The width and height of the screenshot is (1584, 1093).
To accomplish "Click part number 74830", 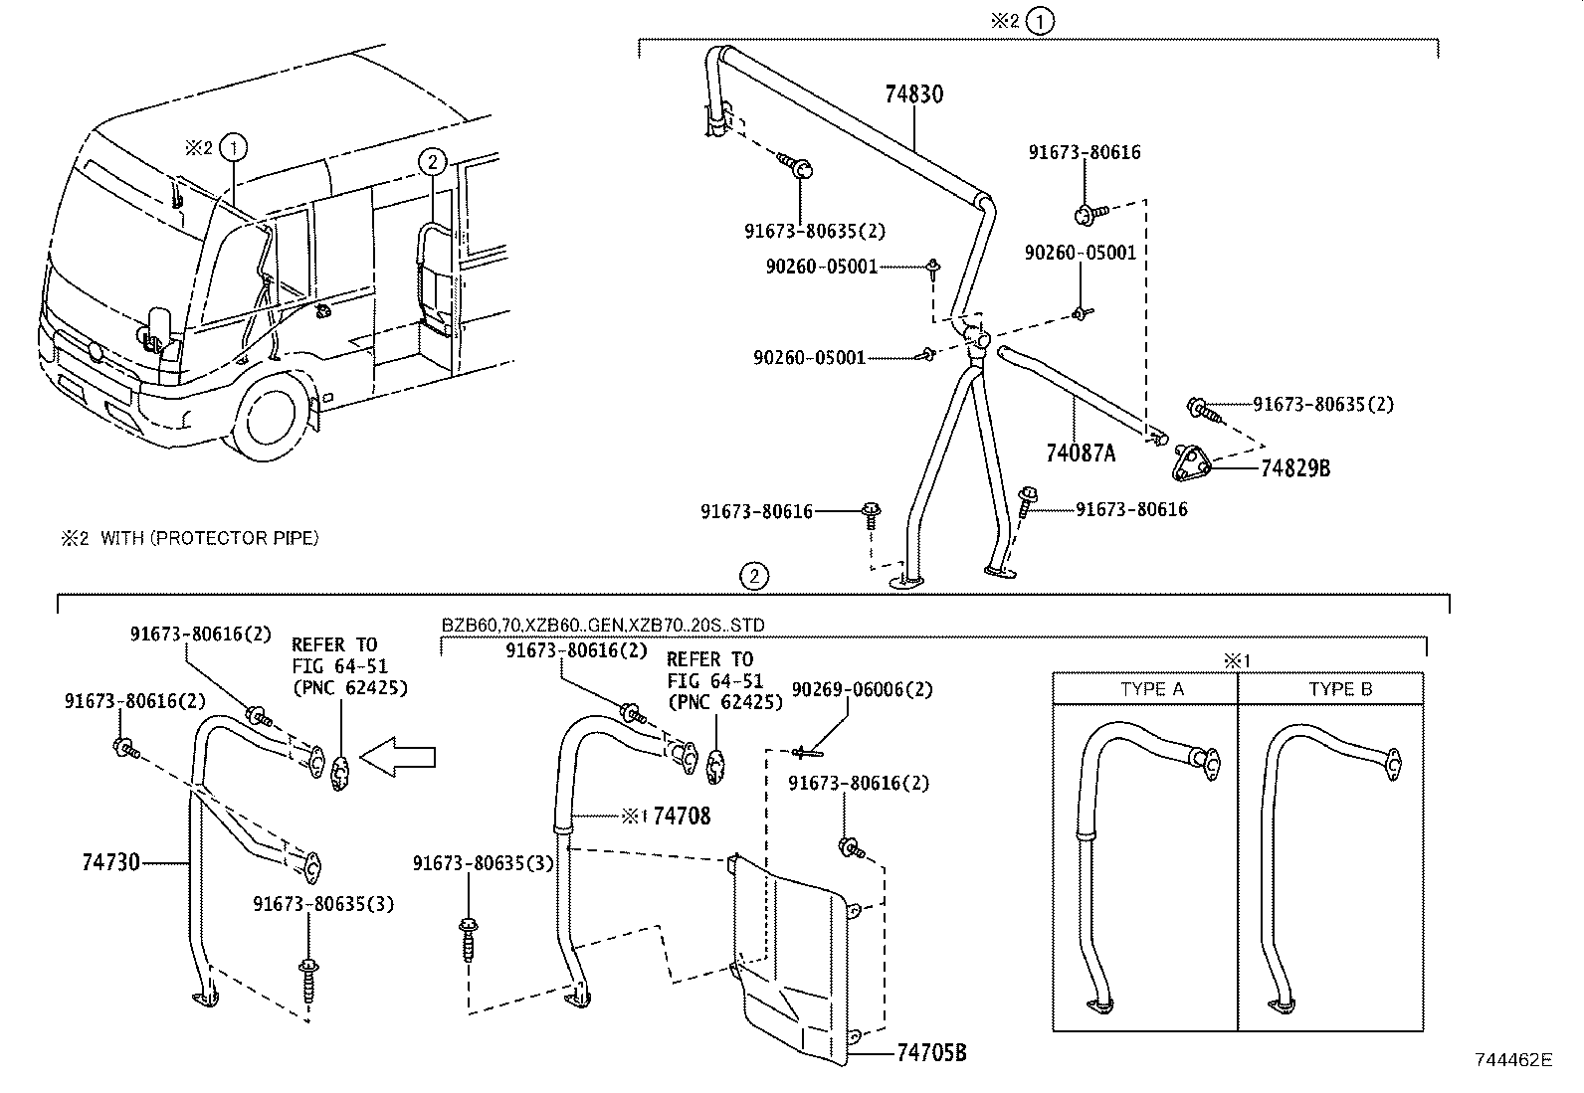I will pyautogui.click(x=913, y=94).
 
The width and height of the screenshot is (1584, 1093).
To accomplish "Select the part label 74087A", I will pyautogui.click(x=1081, y=454).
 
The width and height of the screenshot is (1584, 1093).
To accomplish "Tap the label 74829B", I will pyautogui.click(x=1294, y=468).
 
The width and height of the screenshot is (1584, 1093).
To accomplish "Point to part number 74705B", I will pyautogui.click(x=931, y=1052).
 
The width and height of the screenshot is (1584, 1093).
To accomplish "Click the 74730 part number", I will pyautogui.click(x=110, y=862).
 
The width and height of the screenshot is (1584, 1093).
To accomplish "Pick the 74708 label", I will pyautogui.click(x=682, y=817).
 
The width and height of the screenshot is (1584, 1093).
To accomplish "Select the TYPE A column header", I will pyautogui.click(x=1151, y=689).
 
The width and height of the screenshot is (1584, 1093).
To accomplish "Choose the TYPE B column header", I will pyautogui.click(x=1339, y=689).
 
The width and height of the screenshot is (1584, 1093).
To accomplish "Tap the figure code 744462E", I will pyautogui.click(x=1512, y=1060).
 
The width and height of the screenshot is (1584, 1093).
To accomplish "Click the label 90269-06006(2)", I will pyautogui.click(x=862, y=689).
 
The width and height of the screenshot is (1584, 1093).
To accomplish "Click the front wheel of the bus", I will pyautogui.click(x=272, y=416).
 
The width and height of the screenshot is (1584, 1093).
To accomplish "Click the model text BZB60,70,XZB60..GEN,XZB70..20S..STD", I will pyautogui.click(x=603, y=625).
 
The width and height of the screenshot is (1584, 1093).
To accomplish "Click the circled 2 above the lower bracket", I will pyautogui.click(x=754, y=575).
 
